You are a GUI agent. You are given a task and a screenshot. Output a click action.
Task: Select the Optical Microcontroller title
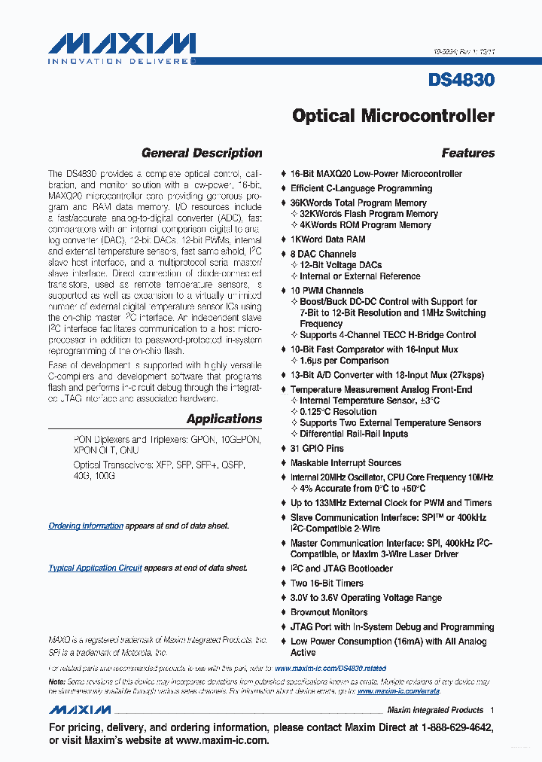point(393,116)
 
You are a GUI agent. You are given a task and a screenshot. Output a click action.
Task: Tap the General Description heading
point(202,153)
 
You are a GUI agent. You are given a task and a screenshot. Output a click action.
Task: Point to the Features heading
point(467,153)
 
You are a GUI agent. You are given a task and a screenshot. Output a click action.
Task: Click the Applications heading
point(224,419)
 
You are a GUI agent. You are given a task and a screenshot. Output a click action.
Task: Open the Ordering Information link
point(86,526)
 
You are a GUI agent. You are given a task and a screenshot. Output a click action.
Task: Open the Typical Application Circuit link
point(95,568)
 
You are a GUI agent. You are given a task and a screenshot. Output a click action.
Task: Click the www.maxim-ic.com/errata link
point(397,690)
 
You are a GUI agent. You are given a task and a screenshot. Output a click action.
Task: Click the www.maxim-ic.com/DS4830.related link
point(330,668)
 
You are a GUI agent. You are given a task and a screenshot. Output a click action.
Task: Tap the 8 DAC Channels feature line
point(324,255)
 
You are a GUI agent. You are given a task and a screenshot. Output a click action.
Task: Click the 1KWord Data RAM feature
point(328,239)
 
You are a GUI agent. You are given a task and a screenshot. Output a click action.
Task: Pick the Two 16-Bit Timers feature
point(327,583)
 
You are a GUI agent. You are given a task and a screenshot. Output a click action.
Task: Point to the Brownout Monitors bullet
point(329,612)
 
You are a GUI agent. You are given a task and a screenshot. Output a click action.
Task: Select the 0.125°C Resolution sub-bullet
point(338,412)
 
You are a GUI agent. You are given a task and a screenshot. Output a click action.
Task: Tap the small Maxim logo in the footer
point(80,710)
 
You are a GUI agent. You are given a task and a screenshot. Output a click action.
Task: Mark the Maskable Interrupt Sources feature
point(346,463)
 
